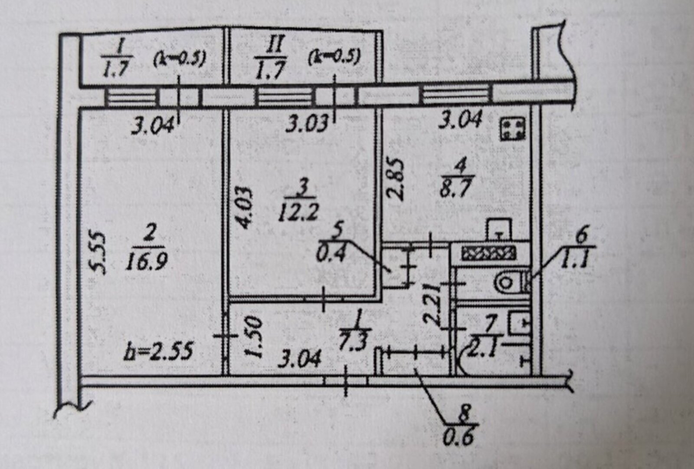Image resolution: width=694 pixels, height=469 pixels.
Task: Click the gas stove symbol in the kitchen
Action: [513, 129]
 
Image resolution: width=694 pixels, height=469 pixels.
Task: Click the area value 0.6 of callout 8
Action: [459, 436]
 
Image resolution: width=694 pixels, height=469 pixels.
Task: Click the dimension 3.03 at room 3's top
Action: [307, 124]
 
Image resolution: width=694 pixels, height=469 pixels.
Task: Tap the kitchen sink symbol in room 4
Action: [499, 229]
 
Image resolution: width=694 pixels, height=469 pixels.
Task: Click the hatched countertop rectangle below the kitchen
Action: [488, 253]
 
